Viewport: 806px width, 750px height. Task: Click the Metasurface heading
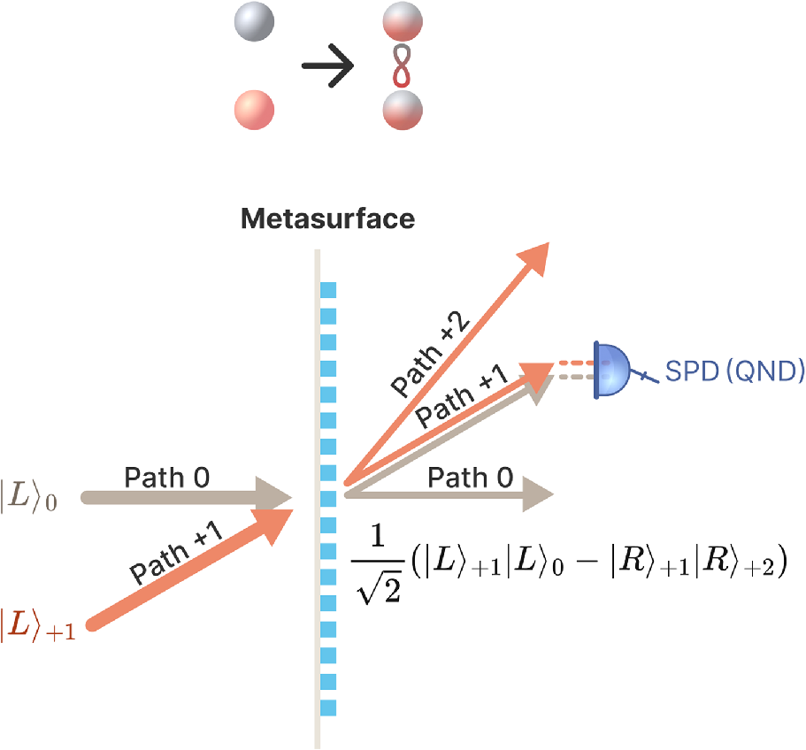(x=328, y=218)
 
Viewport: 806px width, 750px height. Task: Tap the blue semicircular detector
(x=611, y=369)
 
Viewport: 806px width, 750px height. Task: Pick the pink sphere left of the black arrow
(x=253, y=111)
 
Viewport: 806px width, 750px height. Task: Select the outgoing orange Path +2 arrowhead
(x=532, y=254)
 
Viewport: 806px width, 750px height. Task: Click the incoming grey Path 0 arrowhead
(x=277, y=497)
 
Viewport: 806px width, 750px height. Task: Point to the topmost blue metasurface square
(x=329, y=289)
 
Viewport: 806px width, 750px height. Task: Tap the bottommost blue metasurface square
(x=329, y=708)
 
